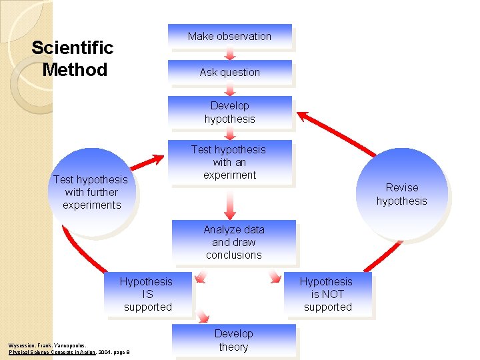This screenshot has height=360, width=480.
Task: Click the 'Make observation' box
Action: click(x=229, y=36)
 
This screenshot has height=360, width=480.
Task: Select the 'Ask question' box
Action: click(x=229, y=72)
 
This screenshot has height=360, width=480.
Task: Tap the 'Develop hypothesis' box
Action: click(x=229, y=112)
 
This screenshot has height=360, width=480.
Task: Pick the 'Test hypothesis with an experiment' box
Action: click(x=229, y=162)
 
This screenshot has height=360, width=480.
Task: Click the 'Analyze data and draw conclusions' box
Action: click(x=233, y=242)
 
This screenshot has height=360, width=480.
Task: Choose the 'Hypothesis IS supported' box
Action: click(x=147, y=294)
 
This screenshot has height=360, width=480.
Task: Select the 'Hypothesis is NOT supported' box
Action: click(x=327, y=294)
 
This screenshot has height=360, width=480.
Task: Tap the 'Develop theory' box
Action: click(x=233, y=340)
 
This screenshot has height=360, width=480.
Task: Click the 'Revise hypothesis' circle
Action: click(x=401, y=194)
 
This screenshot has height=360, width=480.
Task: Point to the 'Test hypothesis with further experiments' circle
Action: click(x=92, y=192)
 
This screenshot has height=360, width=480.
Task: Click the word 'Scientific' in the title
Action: click(x=72, y=48)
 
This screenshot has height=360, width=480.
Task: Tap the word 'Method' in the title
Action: click(x=75, y=69)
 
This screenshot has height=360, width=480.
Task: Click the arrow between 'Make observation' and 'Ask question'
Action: click(x=229, y=54)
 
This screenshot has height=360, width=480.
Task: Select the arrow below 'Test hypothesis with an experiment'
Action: click(x=229, y=204)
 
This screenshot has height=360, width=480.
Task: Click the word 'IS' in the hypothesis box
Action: click(x=147, y=294)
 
